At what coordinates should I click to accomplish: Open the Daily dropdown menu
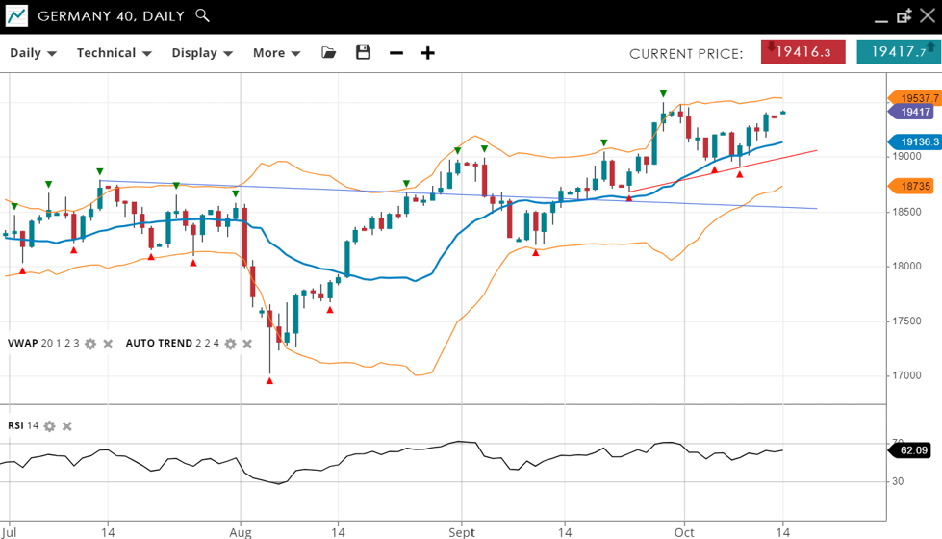(x=33, y=53)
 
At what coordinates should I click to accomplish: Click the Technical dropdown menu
(x=114, y=53)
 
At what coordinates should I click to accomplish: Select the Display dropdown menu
(x=202, y=53)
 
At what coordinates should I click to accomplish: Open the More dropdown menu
(x=277, y=53)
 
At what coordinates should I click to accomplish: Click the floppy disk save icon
(x=363, y=52)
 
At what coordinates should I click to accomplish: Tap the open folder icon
(x=329, y=52)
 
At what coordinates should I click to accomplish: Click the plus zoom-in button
(x=428, y=52)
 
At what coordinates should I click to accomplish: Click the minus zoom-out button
(x=396, y=52)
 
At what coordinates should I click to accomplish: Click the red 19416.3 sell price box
(x=802, y=52)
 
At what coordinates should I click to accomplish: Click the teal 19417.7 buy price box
(x=898, y=52)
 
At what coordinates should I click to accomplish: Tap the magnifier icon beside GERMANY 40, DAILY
(x=202, y=15)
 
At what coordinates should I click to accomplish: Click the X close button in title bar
(x=927, y=15)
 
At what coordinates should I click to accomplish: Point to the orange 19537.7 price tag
(x=914, y=97)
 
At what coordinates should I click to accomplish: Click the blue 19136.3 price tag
(x=914, y=141)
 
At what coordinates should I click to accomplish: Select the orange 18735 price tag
(x=914, y=186)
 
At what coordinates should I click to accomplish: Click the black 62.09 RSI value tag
(x=913, y=449)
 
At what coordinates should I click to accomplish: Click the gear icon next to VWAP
(x=90, y=344)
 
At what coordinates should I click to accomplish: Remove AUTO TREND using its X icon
(x=247, y=344)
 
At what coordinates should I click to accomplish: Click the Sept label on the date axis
(x=462, y=531)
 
